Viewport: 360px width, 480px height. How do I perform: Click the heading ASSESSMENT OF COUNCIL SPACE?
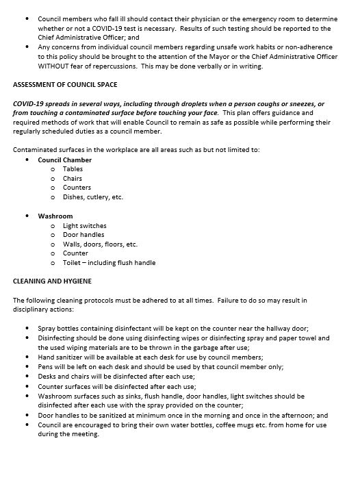point(65,84)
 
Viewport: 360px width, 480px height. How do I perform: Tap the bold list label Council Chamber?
point(64,160)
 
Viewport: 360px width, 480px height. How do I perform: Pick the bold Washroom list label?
point(55,216)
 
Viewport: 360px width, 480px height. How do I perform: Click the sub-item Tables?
point(73,168)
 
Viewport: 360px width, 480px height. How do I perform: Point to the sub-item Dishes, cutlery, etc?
point(93,197)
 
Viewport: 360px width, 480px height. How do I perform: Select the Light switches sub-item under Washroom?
point(85,225)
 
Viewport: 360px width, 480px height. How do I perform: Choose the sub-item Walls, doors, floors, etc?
point(100,244)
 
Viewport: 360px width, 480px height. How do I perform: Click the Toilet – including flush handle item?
point(109,262)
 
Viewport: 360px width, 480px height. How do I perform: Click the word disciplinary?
point(34,309)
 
